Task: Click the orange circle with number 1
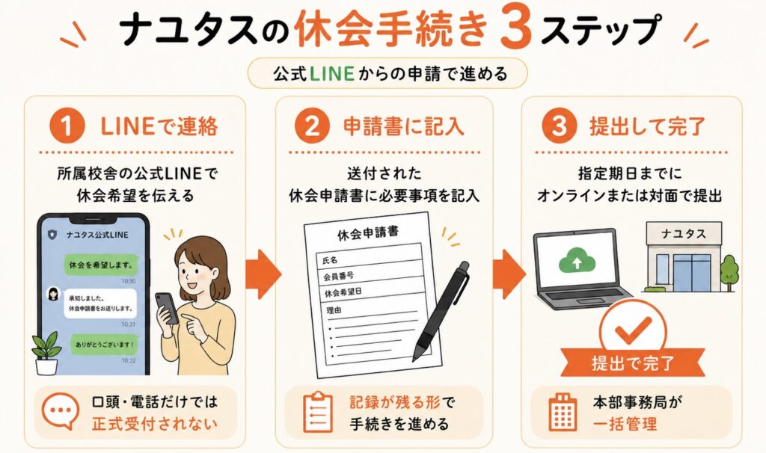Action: point(67,126)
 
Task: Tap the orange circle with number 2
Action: point(312,126)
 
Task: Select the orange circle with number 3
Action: point(560,126)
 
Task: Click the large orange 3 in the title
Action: point(516,29)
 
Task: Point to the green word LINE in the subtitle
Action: point(331,74)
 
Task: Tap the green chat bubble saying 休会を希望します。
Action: point(101,265)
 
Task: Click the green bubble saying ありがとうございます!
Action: point(104,344)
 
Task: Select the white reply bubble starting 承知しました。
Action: point(100,303)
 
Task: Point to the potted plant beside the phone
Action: point(46,353)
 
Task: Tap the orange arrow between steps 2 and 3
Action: point(509,274)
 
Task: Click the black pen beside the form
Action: point(441,312)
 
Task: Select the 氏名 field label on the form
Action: point(330,259)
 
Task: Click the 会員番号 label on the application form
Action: point(339,277)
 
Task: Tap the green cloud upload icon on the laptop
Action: point(577,261)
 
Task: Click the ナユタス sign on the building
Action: point(684,234)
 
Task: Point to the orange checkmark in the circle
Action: point(633,330)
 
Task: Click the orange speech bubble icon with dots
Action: point(61,410)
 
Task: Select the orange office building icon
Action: point(563,412)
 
